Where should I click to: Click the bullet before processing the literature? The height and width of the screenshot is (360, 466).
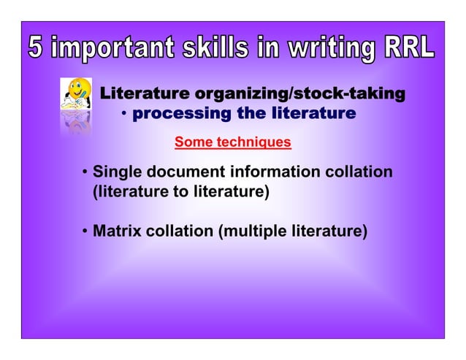pyautogui.click(x=125, y=114)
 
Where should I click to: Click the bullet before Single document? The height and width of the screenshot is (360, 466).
pyautogui.click(x=85, y=173)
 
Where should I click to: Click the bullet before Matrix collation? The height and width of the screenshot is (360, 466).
pyautogui.click(x=85, y=233)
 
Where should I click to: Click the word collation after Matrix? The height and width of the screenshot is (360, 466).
pyautogui.click(x=179, y=232)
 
